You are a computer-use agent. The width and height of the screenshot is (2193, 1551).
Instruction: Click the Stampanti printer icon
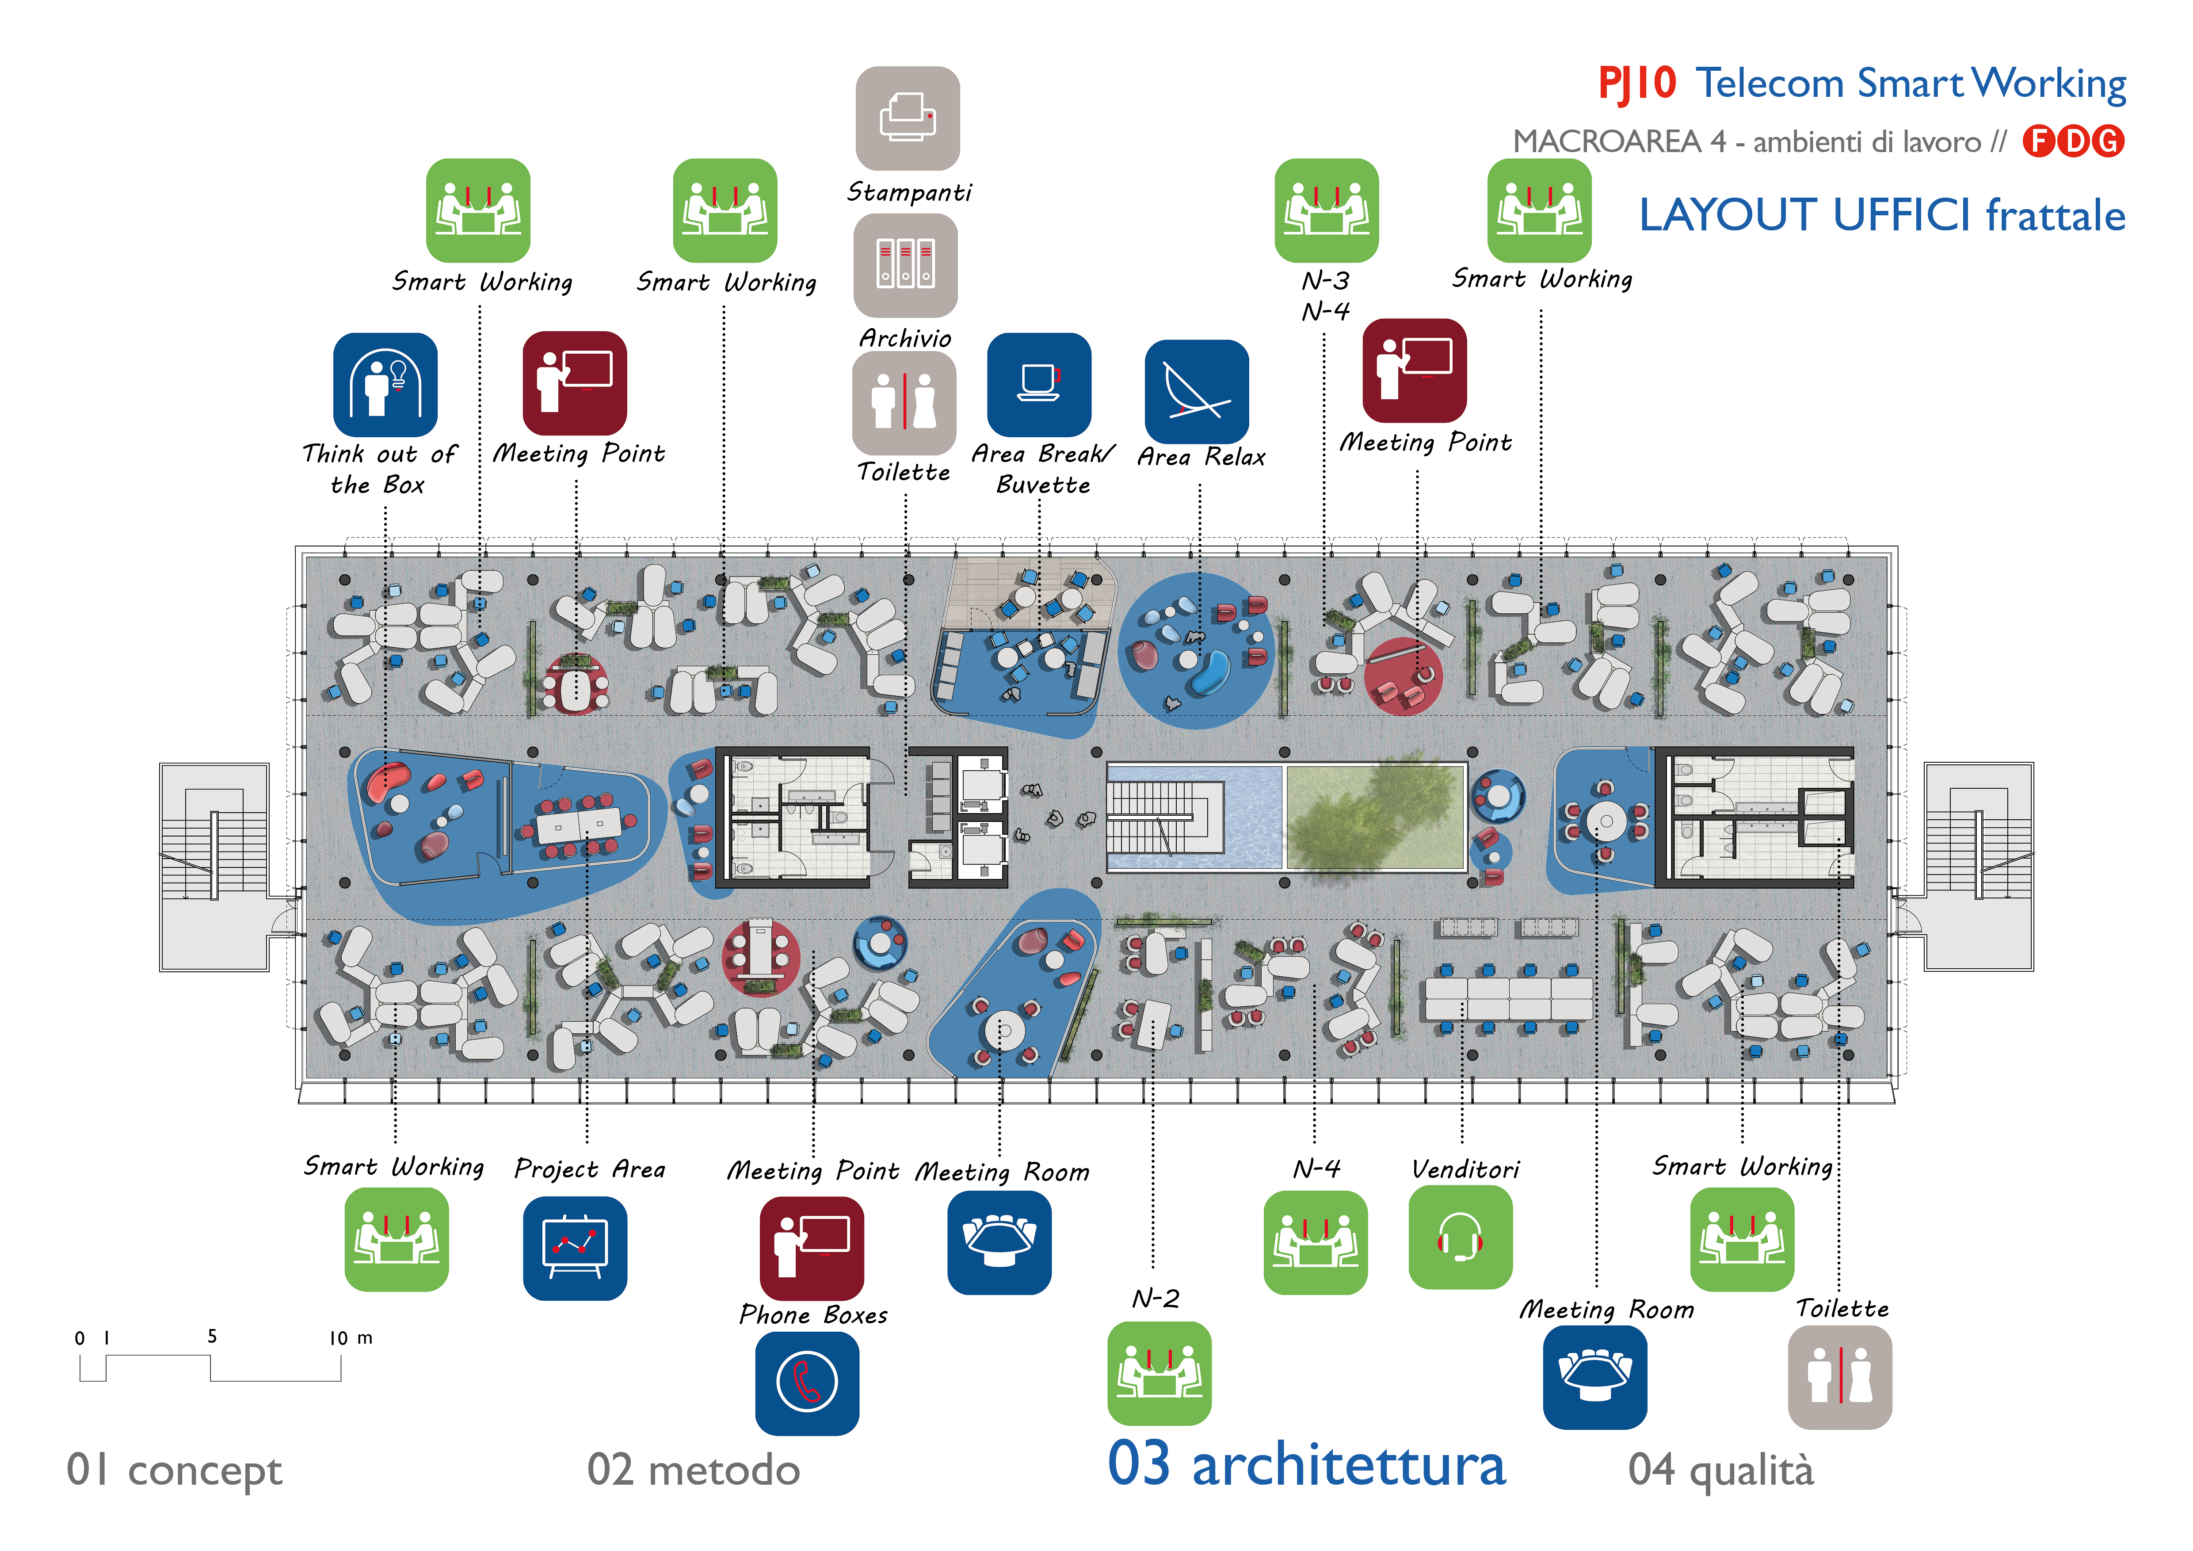pyautogui.click(x=908, y=118)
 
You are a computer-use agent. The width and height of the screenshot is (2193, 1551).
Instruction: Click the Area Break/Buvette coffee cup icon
pyautogui.click(x=1038, y=384)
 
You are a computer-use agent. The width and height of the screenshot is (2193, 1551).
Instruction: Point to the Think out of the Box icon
pyautogui.click(x=385, y=384)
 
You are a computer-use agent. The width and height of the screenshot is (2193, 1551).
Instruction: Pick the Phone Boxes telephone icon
pyautogui.click(x=807, y=1382)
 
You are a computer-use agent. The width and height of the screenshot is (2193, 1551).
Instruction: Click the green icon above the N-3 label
pyautogui.click(x=1326, y=210)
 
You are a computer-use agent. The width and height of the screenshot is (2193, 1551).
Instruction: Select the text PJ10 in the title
pyautogui.click(x=1636, y=84)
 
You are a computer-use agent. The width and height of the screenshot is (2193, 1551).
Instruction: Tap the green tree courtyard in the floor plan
pyautogui.click(x=1375, y=817)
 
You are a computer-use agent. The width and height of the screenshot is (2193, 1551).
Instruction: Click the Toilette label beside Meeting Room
pyautogui.click(x=1842, y=1308)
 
